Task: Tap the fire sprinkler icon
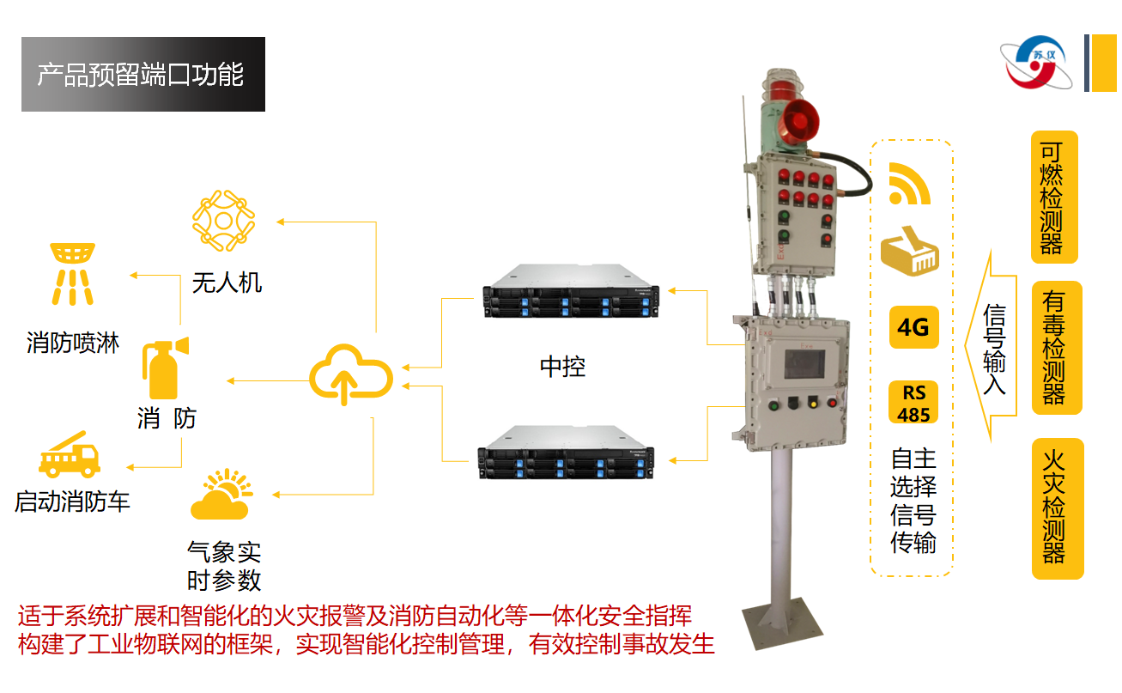73,273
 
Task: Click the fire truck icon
69,455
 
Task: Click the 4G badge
913,327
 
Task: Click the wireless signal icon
908,184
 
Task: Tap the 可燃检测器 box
1052,197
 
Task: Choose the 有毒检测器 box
1054,348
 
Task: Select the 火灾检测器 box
1055,508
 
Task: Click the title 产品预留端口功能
143,75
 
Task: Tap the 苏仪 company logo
1038,64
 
